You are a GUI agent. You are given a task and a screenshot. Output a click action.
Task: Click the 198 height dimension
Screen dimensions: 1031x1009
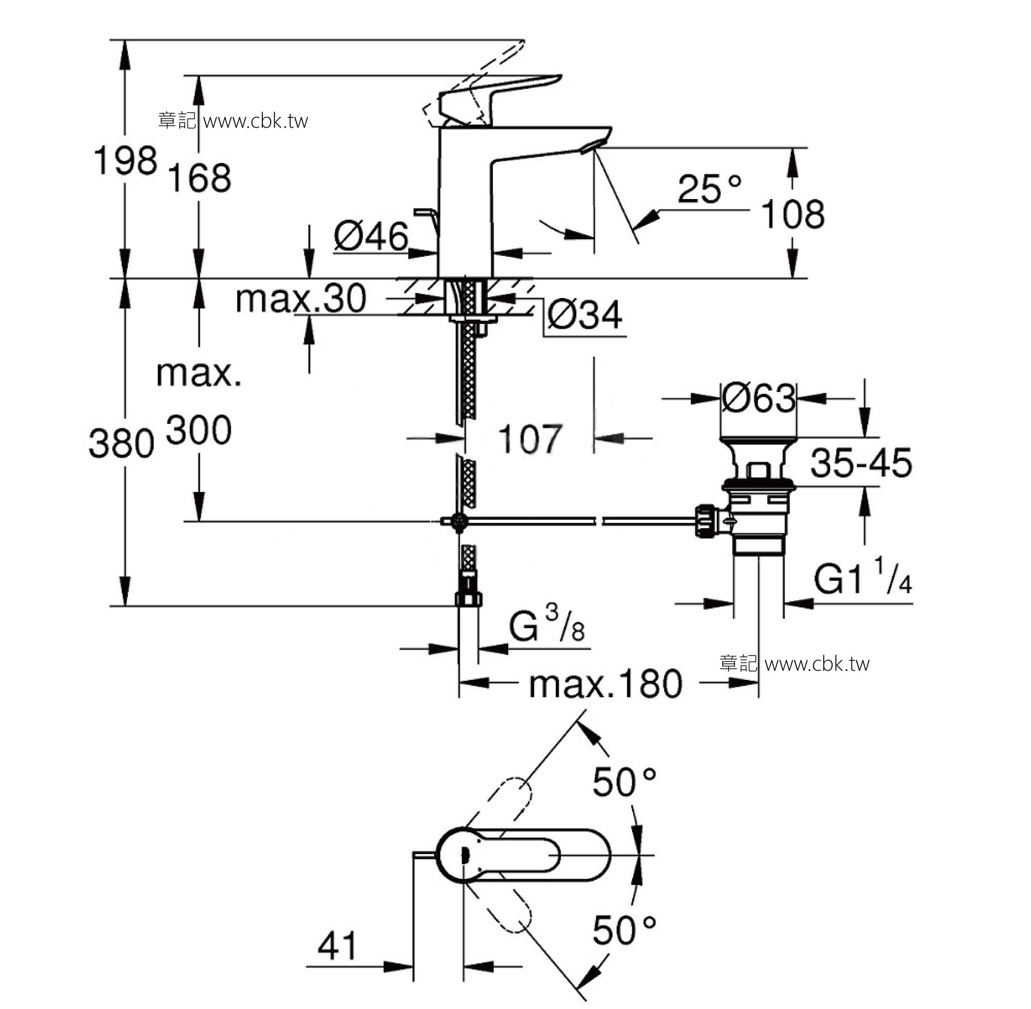(x=126, y=160)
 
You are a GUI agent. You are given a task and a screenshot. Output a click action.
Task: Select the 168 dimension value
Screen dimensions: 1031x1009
(x=199, y=178)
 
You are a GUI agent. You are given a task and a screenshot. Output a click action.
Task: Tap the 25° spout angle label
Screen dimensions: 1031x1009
(x=709, y=189)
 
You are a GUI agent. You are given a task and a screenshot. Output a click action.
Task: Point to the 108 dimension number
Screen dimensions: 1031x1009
(x=792, y=214)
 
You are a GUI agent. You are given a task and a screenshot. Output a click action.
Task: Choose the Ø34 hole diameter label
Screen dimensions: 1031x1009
(x=585, y=315)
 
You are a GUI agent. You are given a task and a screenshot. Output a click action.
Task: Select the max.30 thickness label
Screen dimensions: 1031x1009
(x=300, y=298)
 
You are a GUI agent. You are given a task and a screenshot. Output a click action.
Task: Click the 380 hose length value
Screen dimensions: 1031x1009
(x=121, y=444)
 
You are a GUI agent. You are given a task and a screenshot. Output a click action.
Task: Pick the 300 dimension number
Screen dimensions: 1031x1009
(x=198, y=430)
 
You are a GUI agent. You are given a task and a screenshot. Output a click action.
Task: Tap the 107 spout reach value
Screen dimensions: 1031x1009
(x=530, y=439)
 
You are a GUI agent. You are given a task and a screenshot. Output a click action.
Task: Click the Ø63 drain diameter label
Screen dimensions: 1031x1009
(x=759, y=398)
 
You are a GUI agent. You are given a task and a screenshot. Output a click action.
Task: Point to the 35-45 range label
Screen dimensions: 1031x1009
(x=861, y=462)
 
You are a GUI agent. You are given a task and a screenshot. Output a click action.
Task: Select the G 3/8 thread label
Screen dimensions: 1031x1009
(x=547, y=624)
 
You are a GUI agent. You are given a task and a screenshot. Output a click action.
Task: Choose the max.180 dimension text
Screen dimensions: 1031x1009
(x=605, y=684)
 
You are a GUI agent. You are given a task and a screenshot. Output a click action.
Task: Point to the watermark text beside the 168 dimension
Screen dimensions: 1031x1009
(x=233, y=121)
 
